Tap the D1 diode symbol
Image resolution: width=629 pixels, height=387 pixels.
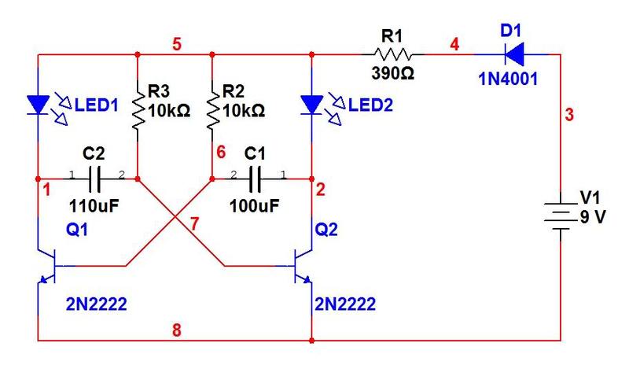tap(515, 54)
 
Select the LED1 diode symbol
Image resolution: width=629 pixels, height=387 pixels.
tap(38, 103)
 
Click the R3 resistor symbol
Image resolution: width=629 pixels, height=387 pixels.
tap(138, 109)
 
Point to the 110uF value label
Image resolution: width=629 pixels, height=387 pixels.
tap(94, 207)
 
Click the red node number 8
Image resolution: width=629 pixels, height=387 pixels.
tap(176, 330)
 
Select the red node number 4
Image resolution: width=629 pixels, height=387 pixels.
tap(454, 44)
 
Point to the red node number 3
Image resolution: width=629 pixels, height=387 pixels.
tap(569, 116)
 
